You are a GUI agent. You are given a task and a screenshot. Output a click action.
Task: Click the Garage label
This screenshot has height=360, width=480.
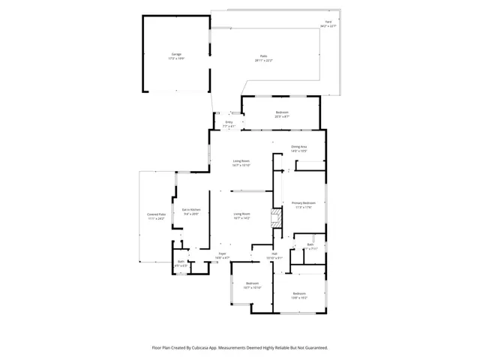click(x=176, y=55)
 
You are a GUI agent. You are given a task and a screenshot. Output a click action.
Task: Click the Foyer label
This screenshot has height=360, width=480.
click(x=223, y=255)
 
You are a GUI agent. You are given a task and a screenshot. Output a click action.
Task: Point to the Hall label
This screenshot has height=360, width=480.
click(x=274, y=255)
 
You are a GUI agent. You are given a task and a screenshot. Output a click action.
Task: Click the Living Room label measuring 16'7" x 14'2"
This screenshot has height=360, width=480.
click(x=241, y=215)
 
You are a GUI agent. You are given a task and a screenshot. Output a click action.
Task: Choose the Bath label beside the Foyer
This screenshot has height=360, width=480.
click(x=181, y=262)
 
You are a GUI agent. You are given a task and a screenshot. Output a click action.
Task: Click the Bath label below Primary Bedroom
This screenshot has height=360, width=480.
click(x=310, y=245)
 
